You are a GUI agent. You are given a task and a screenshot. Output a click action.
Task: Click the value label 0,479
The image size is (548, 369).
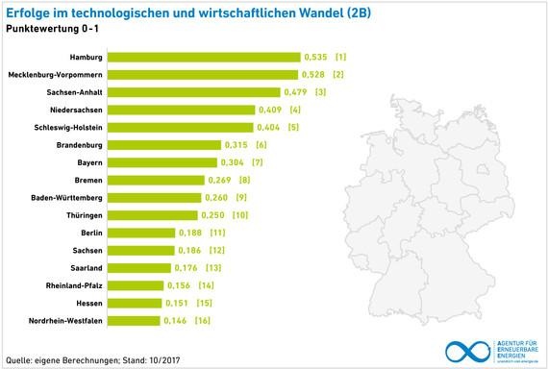coord(294,92)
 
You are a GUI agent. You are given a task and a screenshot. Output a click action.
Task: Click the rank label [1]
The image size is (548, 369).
coord(340,57)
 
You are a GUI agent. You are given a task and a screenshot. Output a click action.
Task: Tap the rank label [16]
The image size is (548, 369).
coord(203,320)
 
